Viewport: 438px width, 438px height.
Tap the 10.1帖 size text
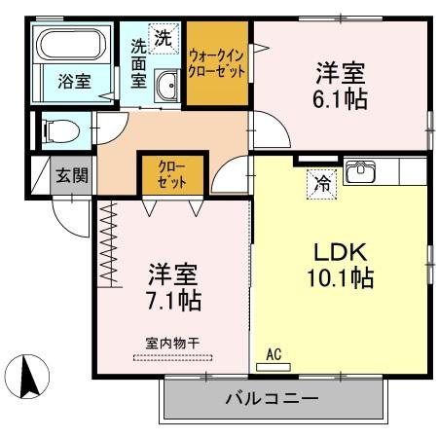point(335,279)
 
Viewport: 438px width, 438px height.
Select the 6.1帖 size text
point(339,98)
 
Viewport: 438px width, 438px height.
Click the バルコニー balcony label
point(272,399)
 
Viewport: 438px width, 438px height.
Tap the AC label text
point(274,356)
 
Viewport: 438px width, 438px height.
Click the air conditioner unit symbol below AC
point(274,367)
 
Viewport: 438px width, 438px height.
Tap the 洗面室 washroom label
point(141,63)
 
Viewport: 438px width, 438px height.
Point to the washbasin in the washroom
point(165,85)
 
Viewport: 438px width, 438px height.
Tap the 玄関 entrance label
point(70,175)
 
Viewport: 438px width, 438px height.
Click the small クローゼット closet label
point(170,175)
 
